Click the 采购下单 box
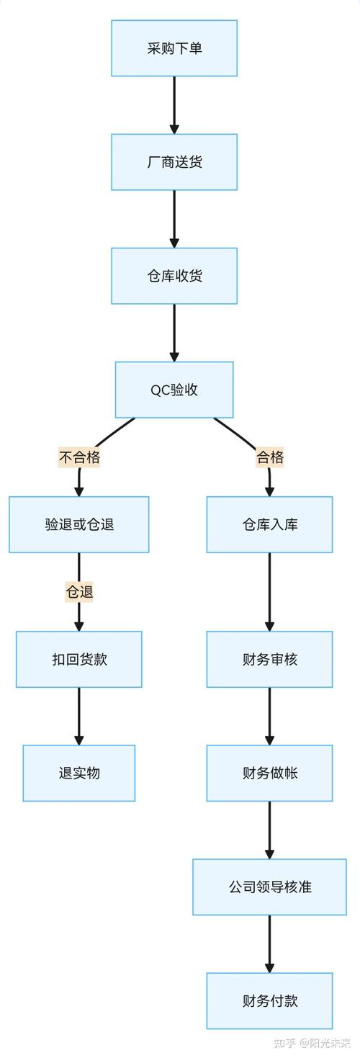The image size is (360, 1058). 174,48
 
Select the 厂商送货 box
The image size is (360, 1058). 174,162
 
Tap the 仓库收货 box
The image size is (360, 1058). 174,276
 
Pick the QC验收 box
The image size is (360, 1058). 174,390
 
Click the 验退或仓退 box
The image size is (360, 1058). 79,524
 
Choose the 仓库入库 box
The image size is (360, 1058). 270,524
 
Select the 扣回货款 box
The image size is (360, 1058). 79,659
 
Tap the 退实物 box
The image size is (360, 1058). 79,773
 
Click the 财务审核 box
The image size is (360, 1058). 270,659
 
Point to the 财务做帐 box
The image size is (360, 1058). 270,773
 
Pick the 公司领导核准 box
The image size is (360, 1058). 270,887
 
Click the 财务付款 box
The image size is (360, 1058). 270,1000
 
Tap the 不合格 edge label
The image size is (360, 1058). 79,457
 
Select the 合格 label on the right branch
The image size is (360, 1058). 270,457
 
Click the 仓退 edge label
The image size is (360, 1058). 79,592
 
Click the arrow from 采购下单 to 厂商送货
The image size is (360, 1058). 174,105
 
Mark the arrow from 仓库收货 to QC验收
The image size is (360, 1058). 174,333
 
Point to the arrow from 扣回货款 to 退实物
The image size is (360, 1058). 79,716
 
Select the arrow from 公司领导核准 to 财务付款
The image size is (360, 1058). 270,943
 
